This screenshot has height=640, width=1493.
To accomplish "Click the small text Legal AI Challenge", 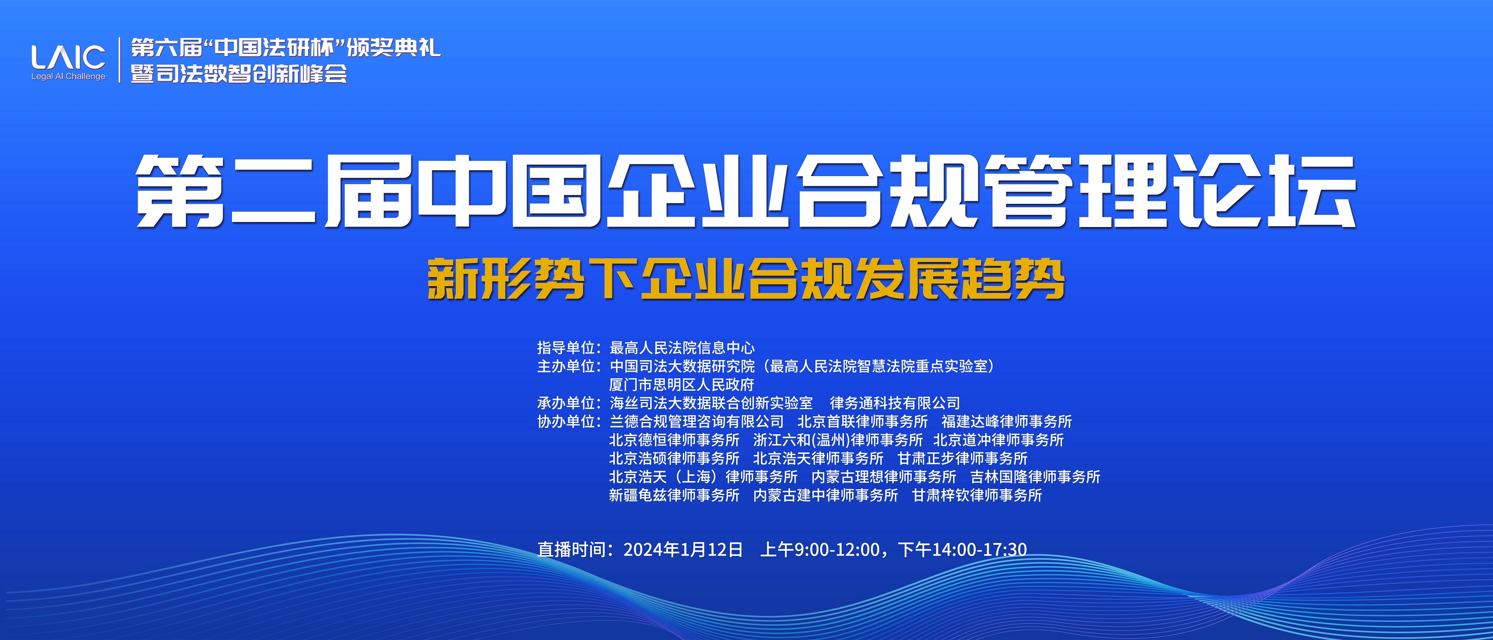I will click(x=69, y=77).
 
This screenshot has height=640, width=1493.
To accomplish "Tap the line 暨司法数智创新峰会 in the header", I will click(x=239, y=74).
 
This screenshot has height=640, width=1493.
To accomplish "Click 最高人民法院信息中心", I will click(x=682, y=348).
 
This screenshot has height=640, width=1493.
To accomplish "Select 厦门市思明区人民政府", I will click(x=682, y=385).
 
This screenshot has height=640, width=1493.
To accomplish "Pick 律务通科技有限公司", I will click(x=895, y=403).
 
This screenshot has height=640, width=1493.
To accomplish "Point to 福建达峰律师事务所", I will click(x=1007, y=422).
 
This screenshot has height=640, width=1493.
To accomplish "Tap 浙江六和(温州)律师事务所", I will click(x=838, y=440).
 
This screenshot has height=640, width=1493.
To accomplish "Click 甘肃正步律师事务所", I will click(x=963, y=459).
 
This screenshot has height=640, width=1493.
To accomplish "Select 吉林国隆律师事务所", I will click(x=1035, y=477).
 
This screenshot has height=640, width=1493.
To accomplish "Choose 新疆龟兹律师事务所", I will click(x=674, y=496).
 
